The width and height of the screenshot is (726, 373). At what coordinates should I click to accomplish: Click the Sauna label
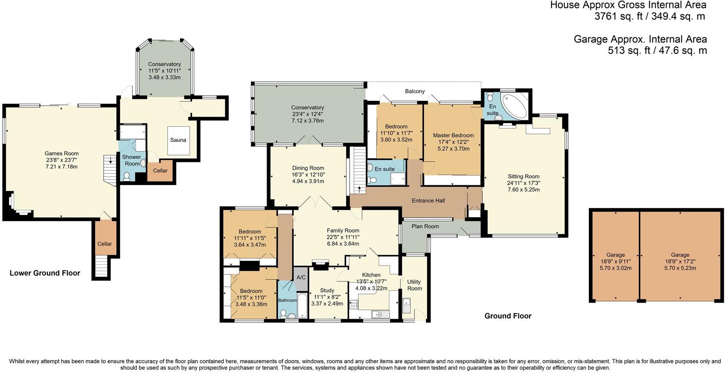[x=178, y=140]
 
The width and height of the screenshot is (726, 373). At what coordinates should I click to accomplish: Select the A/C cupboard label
[x=301, y=277]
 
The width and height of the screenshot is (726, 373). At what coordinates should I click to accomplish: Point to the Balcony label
[x=415, y=91]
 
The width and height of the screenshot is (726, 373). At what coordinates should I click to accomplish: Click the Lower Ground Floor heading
[x=45, y=273]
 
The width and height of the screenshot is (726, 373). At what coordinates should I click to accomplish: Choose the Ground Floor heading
[x=508, y=316]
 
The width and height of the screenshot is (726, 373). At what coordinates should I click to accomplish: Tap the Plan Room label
[x=425, y=226]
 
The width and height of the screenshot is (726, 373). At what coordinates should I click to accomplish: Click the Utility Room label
[x=414, y=285]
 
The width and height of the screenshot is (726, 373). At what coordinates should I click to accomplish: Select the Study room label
[x=327, y=290]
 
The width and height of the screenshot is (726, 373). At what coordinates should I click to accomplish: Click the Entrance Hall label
[x=429, y=200]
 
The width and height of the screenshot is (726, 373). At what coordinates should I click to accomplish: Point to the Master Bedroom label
[x=453, y=135]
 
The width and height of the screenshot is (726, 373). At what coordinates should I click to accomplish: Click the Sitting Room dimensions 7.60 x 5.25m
[x=524, y=190]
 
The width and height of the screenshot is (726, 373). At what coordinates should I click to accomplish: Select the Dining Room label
[x=308, y=168]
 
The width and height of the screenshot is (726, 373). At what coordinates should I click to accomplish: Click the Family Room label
[x=343, y=230]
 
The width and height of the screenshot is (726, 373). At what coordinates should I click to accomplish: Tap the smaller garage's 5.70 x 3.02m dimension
[x=616, y=268]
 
